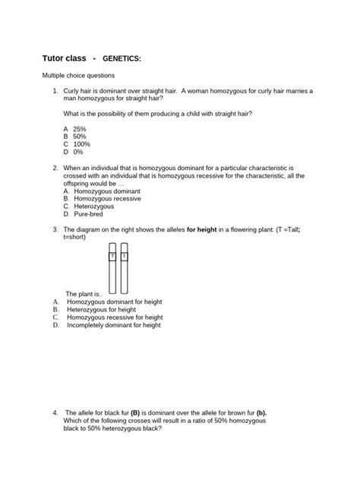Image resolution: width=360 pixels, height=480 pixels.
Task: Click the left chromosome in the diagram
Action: coord(112,269)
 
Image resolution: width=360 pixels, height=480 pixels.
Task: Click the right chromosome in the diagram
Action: coord(125,269)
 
